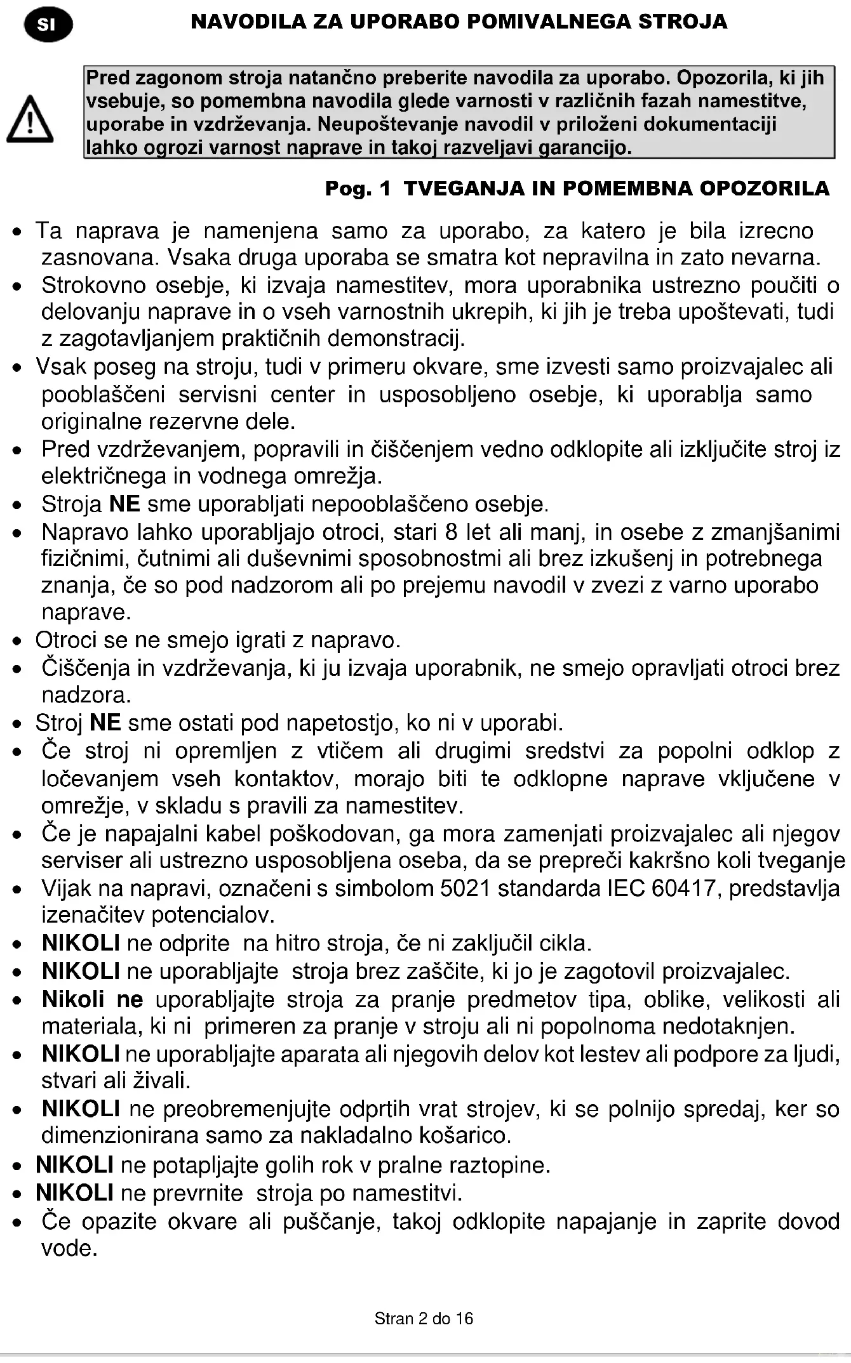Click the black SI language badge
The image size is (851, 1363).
(x=48, y=25)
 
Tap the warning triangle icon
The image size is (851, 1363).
(x=30, y=119)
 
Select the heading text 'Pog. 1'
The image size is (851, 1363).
(x=358, y=188)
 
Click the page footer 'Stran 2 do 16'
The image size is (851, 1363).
(x=424, y=1319)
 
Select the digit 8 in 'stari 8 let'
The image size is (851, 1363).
(x=451, y=531)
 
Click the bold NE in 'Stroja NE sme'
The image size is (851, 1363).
(x=124, y=504)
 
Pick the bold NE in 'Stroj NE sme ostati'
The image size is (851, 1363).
(x=105, y=723)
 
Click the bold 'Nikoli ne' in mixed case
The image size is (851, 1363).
(x=92, y=999)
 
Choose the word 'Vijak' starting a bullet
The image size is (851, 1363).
(x=67, y=888)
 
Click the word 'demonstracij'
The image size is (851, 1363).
(x=396, y=338)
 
